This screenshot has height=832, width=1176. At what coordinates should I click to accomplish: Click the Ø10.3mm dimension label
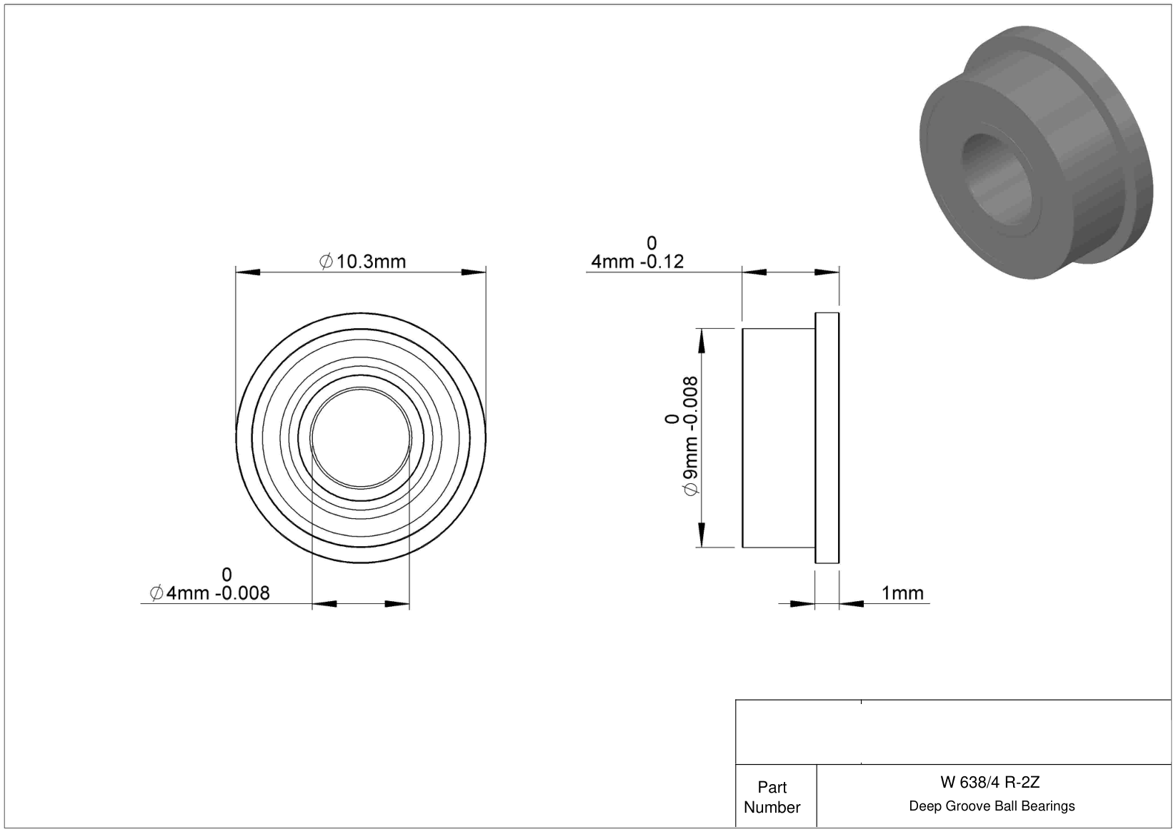click(x=362, y=261)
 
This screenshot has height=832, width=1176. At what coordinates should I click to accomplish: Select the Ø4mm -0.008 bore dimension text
click(x=209, y=593)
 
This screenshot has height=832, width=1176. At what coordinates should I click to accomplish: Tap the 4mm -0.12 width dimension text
click(x=637, y=261)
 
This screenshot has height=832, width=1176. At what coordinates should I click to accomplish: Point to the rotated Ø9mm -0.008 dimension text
click(x=690, y=436)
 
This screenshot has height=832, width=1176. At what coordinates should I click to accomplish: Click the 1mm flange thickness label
click(x=902, y=593)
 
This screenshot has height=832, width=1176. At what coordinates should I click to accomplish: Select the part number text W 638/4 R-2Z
click(x=990, y=782)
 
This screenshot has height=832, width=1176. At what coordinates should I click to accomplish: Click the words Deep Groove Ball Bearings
click(x=992, y=806)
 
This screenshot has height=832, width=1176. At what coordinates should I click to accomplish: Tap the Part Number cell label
click(x=772, y=797)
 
